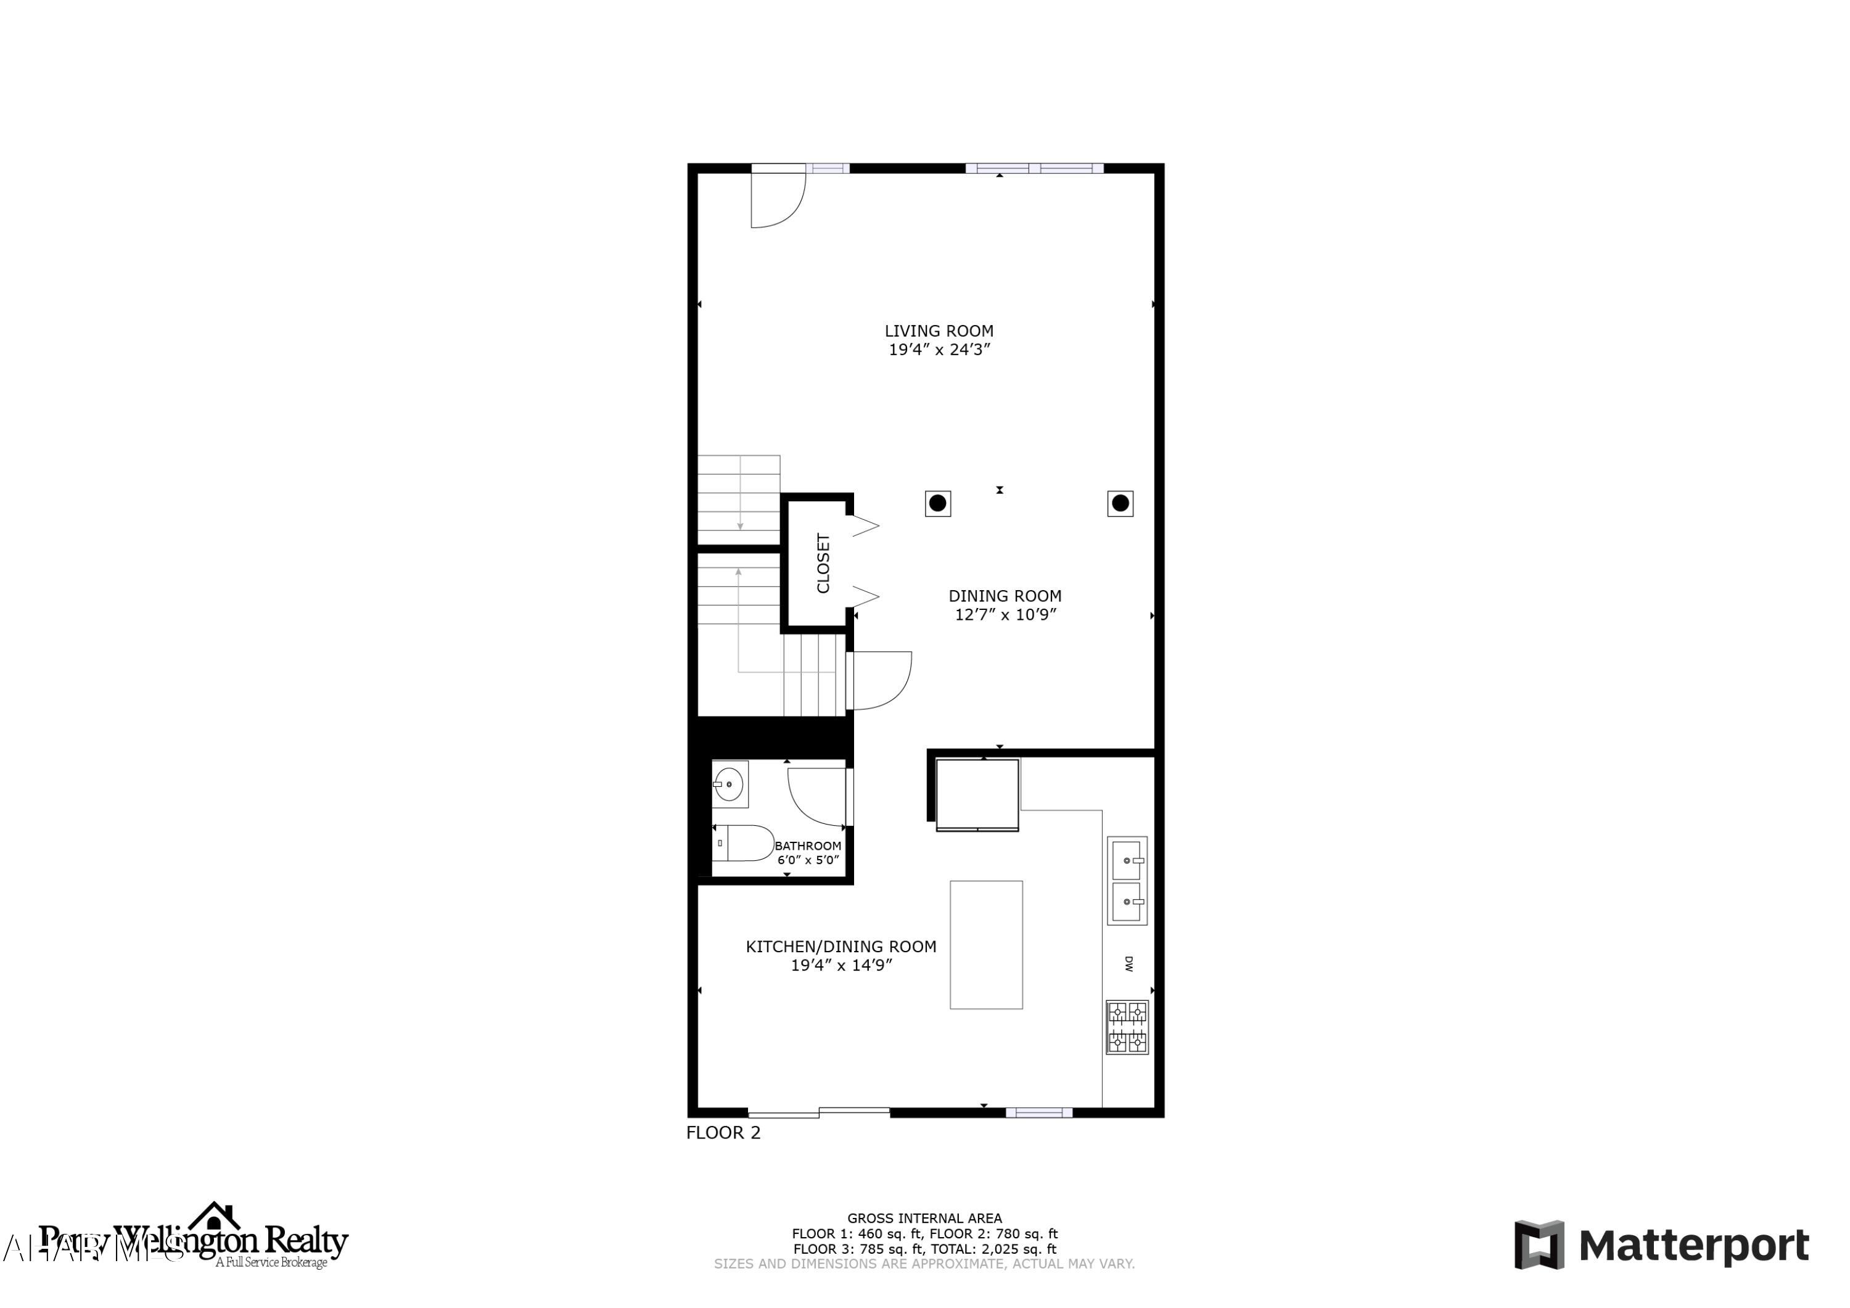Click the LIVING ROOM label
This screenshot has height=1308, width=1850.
pos(939,331)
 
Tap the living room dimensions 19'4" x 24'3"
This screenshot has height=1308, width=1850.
pos(939,350)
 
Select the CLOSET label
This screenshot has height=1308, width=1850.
pos(823,562)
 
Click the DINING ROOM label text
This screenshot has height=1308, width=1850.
pos(1005,596)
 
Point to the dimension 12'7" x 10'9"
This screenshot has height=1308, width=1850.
pos(1005,615)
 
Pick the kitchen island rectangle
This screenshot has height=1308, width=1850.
pos(986,945)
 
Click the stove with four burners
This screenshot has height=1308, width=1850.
pos(1127,1027)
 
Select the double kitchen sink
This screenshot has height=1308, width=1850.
pos(1127,881)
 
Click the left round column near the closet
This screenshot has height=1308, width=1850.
pos(938,504)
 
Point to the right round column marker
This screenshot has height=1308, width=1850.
pos(1120,504)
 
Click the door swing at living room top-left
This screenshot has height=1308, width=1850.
pos(775,200)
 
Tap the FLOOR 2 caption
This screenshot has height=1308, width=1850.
pos(723,1132)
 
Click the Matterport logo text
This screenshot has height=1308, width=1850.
pos(1693,1245)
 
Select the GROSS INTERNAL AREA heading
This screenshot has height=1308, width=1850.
pos(924,1219)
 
